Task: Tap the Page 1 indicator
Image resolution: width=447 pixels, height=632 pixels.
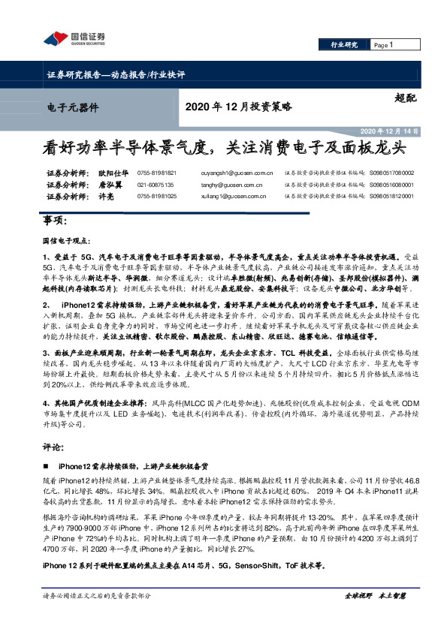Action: [x=384, y=45]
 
